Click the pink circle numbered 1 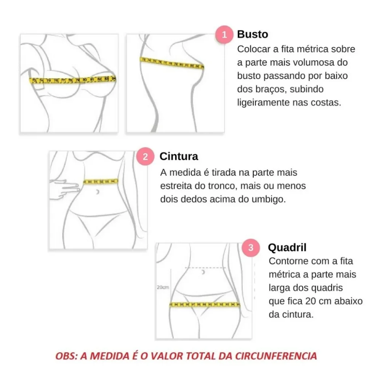[x=224, y=34]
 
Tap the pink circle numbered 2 [x=145, y=157]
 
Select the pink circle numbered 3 [x=251, y=248]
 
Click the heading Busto [x=252, y=34]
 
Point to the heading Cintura [x=179, y=157]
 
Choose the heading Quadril [x=287, y=248]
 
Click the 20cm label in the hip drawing [x=163, y=287]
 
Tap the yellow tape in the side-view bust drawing [x=171, y=63]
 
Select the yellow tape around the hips [x=205, y=304]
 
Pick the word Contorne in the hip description [x=287, y=261]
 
